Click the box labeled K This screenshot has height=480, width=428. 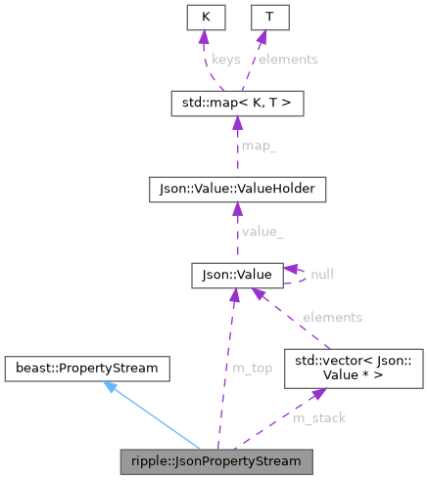[x=206, y=17]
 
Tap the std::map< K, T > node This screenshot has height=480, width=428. [x=236, y=102]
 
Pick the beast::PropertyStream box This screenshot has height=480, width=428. [x=86, y=369]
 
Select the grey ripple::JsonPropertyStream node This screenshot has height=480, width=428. [x=216, y=458]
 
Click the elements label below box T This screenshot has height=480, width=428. [x=289, y=60]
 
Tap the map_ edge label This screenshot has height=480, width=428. [x=260, y=147]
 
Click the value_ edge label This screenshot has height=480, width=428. [x=262, y=233]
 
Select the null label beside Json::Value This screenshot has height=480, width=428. [x=321, y=276]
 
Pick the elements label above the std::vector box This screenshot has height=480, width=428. [x=332, y=318]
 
